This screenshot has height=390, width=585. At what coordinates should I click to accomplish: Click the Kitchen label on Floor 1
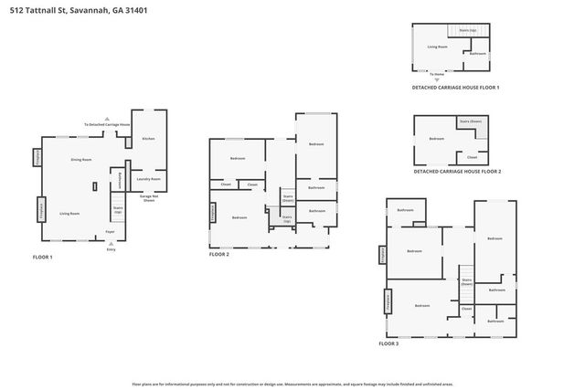(148, 139)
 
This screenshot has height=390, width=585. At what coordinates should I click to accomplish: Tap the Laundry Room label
(148, 179)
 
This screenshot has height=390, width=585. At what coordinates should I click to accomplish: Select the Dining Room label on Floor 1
(81, 160)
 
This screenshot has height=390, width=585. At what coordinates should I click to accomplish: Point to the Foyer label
(110, 232)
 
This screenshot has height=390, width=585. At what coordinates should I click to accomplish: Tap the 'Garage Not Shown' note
(147, 198)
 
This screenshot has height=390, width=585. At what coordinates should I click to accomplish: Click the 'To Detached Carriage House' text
(107, 124)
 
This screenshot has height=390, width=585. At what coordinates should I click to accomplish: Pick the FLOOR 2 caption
(218, 254)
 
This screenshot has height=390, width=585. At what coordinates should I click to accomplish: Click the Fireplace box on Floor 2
(213, 212)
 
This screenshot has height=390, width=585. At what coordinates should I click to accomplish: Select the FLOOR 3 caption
(388, 343)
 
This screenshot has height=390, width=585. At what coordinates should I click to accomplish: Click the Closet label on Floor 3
(466, 309)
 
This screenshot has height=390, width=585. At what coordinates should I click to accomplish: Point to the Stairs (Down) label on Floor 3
(466, 281)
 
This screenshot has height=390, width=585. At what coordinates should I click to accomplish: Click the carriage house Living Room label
(437, 47)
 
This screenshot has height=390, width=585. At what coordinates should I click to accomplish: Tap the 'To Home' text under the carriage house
(437, 74)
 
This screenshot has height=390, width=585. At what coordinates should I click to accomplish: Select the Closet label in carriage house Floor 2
(472, 156)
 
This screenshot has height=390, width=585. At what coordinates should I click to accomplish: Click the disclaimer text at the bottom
(292, 385)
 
